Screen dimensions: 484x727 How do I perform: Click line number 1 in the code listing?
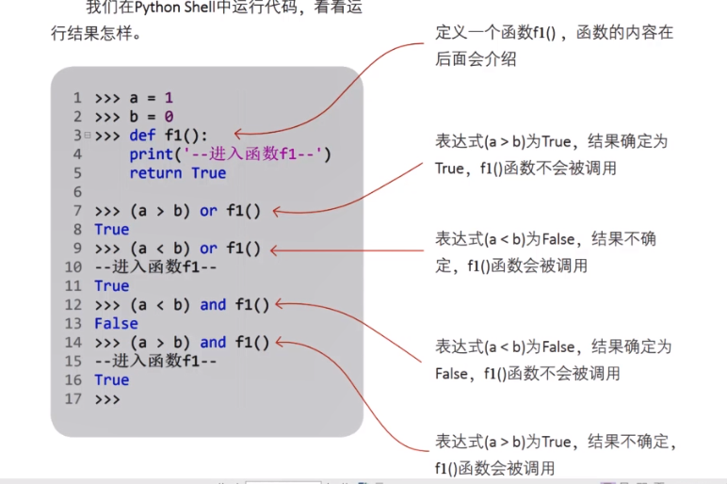click(x=77, y=98)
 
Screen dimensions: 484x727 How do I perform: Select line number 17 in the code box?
click(x=73, y=399)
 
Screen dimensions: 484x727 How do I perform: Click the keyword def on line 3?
click(x=142, y=136)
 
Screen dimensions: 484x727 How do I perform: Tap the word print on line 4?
click(x=152, y=154)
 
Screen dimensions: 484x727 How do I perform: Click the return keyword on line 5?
click(x=155, y=173)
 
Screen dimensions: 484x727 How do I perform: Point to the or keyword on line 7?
click(x=208, y=211)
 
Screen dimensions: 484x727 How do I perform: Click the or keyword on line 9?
click(x=208, y=249)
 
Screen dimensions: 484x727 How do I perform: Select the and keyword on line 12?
click(x=213, y=305)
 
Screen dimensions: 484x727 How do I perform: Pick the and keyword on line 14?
click(x=213, y=343)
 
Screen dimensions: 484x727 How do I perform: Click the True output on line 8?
click(x=112, y=230)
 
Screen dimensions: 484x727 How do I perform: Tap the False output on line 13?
click(x=116, y=324)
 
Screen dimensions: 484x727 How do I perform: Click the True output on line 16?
click(x=112, y=380)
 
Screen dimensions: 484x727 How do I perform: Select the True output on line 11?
click(x=112, y=286)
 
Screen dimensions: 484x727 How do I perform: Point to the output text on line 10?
click(x=155, y=267)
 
